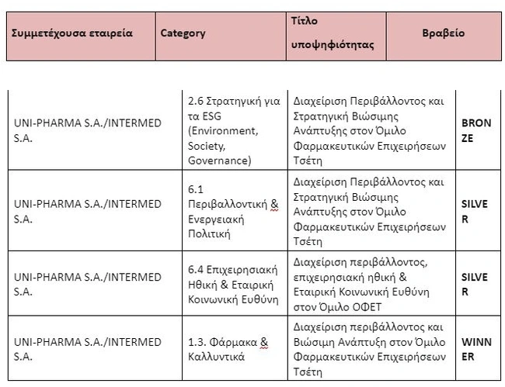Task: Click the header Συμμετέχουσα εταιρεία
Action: point(72,33)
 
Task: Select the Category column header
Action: point(183,33)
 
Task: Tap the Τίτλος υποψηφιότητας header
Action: point(332,33)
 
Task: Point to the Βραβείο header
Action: point(443,33)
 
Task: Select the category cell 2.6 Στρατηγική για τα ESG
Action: point(234,130)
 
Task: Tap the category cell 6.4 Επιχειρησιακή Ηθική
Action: point(234,285)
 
